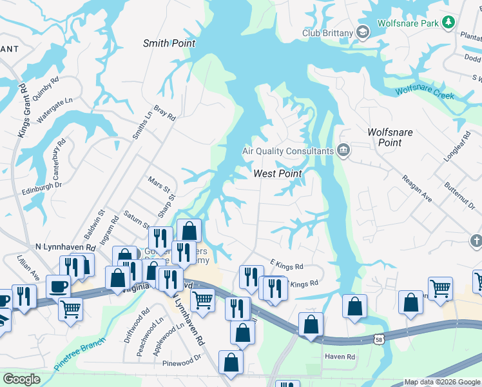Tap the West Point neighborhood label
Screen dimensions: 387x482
278,174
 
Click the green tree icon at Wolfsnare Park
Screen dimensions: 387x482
448,23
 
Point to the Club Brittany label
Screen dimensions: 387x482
329,34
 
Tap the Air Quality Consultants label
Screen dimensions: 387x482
287,151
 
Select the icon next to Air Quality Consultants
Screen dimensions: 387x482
343,151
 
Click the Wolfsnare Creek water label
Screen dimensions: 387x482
425,93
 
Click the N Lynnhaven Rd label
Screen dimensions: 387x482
65,248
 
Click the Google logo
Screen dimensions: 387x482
21,379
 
